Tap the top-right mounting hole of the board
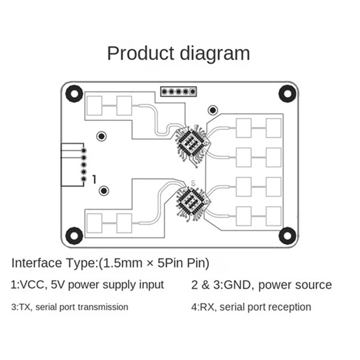point(287,93)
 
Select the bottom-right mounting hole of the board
point(287,235)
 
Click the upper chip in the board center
point(192,143)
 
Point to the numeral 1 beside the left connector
point(94,179)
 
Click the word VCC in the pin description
point(32,285)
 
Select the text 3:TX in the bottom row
point(21,307)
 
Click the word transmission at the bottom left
point(103,307)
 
